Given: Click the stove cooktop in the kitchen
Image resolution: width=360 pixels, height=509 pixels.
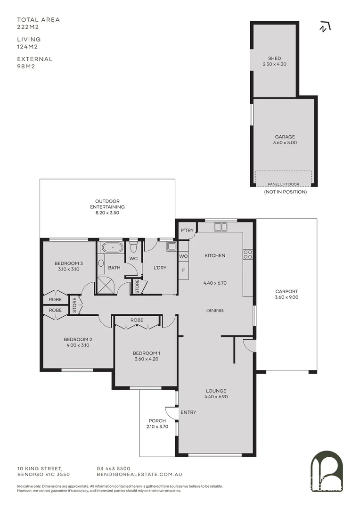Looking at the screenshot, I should point(247,254).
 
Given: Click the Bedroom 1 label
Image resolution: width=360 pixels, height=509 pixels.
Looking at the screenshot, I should point(146,353).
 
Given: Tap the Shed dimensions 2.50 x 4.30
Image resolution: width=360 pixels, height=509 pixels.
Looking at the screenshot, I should point(274,65).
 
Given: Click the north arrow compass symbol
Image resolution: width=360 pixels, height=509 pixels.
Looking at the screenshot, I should point(324,27).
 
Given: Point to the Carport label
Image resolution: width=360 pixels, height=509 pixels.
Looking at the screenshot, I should point(286,291).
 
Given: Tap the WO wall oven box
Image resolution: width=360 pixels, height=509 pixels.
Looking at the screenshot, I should point(183,256).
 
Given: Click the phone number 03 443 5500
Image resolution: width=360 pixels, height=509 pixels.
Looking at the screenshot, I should point(114,468).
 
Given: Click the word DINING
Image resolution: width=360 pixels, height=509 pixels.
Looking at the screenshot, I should point(214,311).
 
